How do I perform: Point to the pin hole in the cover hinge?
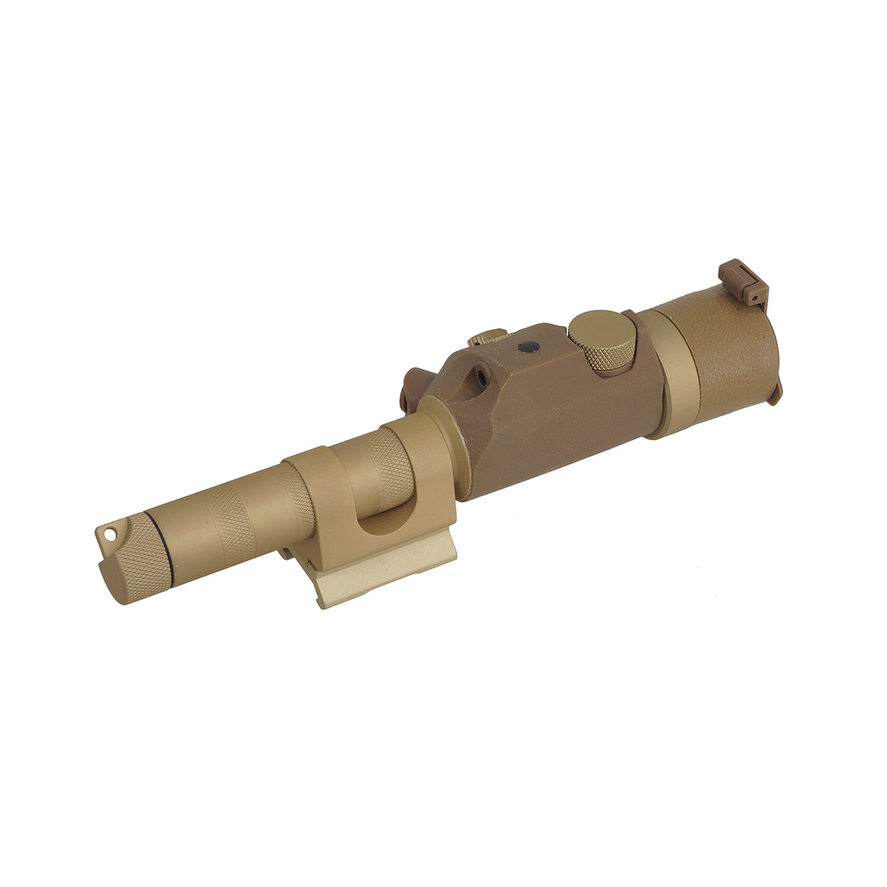(752, 297)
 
